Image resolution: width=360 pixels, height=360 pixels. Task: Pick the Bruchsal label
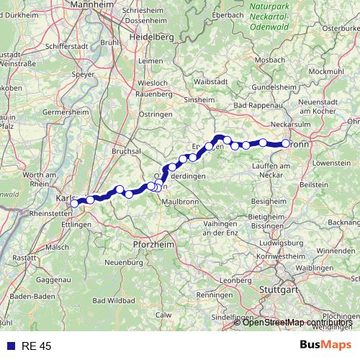pyautogui.click(x=127, y=152)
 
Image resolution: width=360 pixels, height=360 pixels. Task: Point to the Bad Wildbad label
pyautogui.click(x=111, y=300)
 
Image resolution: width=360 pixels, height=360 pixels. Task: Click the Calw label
pyautogui.click(x=165, y=315)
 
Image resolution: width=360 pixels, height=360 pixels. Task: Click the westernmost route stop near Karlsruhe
pyautogui.click(x=74, y=204)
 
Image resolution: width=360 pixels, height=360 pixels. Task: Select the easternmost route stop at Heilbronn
pyautogui.click(x=286, y=144)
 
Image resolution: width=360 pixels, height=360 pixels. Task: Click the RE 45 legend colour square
pyautogui.click(x=9, y=346)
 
